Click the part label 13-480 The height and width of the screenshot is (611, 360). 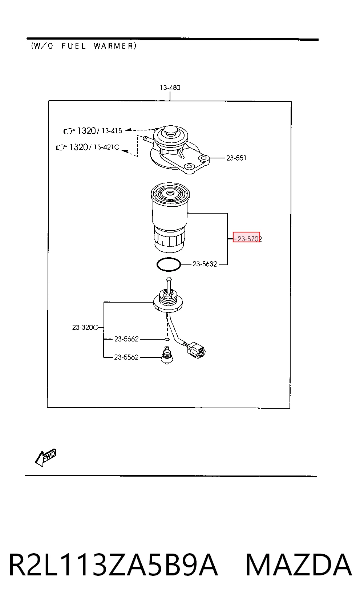coord(170,88)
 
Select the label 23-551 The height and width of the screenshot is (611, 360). coord(236,158)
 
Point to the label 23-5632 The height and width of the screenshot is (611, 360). coord(205,264)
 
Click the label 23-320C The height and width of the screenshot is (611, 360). coord(85,327)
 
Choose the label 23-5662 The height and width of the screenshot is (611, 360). coord(126,339)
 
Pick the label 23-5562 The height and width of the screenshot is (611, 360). coord(126,357)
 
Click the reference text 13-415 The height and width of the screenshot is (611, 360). coord(112,131)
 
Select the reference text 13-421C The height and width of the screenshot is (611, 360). coord(107,147)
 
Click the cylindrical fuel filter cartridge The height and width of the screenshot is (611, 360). coord(170,217)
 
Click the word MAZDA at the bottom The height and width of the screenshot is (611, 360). coord(299,565)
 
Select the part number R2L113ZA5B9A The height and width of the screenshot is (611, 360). coord(113,565)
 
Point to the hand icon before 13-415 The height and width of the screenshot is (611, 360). coord(69,131)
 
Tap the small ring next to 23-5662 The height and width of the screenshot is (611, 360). coord(167,339)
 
